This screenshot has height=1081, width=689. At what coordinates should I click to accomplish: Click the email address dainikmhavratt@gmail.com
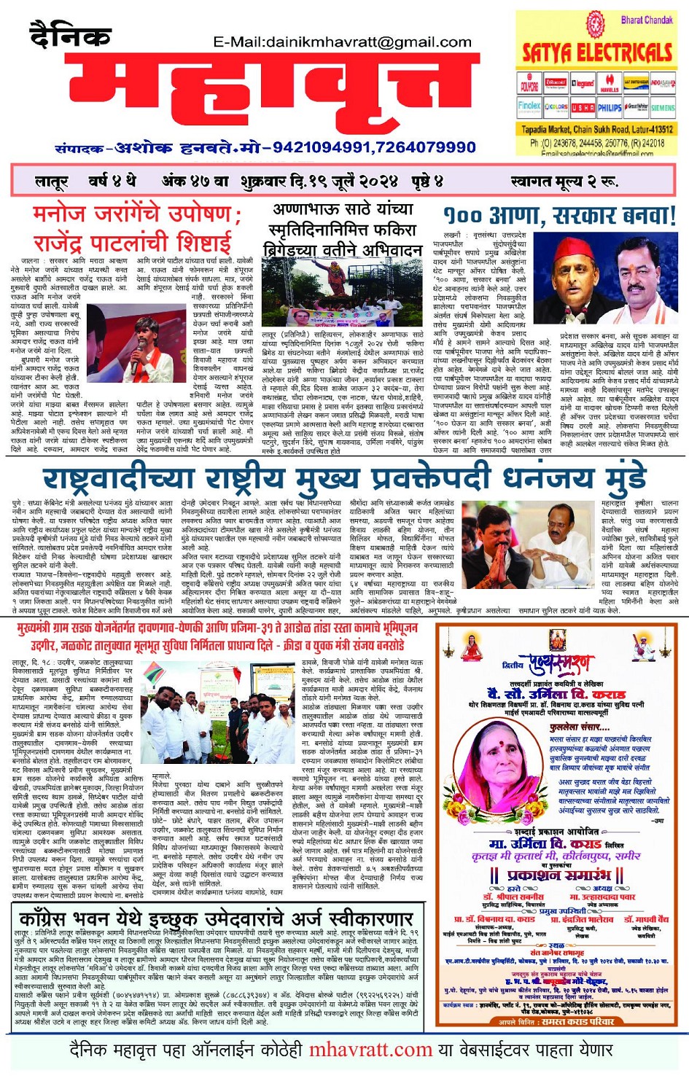coord(342,42)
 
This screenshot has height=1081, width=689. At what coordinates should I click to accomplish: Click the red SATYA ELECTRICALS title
coord(596,52)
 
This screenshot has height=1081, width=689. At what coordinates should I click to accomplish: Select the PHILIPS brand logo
coord(610,108)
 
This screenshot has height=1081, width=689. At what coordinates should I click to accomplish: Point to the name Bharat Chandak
coord(646,20)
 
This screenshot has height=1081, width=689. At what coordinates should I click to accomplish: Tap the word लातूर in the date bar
coord(51,181)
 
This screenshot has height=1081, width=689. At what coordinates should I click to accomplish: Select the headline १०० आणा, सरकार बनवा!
coord(559,216)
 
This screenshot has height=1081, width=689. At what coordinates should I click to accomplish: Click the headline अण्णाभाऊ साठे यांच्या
coord(343,209)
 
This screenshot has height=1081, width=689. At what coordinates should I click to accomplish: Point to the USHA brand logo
coord(583,108)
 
